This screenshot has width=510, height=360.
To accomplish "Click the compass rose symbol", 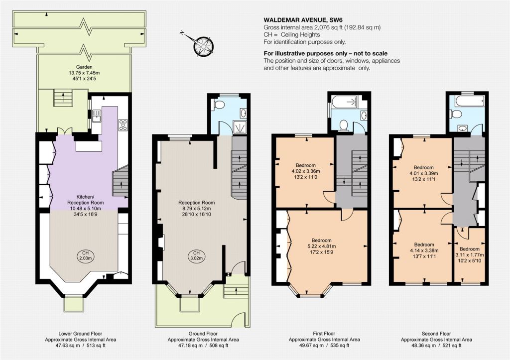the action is [x=204, y=46].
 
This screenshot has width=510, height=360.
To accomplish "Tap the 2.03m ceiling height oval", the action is [x=85, y=256].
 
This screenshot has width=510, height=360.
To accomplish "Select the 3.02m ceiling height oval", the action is [x=196, y=256].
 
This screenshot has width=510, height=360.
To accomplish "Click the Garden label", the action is [x=84, y=67].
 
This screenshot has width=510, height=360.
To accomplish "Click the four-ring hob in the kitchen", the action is [x=124, y=125].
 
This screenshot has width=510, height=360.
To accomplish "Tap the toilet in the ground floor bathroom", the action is [x=218, y=105].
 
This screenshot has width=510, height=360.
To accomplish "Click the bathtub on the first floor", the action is [x=345, y=102].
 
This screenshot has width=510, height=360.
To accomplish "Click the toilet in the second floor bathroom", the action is [x=455, y=114].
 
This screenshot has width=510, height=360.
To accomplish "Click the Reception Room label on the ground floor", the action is [x=196, y=203].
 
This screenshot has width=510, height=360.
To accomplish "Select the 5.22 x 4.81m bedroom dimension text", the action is [x=322, y=246].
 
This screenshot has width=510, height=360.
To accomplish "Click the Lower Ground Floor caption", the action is [x=80, y=334].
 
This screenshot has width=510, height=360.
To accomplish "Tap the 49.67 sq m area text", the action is [x=306, y=346].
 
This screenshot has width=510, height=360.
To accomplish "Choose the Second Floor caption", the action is [x=436, y=334].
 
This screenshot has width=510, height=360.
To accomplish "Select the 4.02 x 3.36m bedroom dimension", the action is [x=305, y=171].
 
